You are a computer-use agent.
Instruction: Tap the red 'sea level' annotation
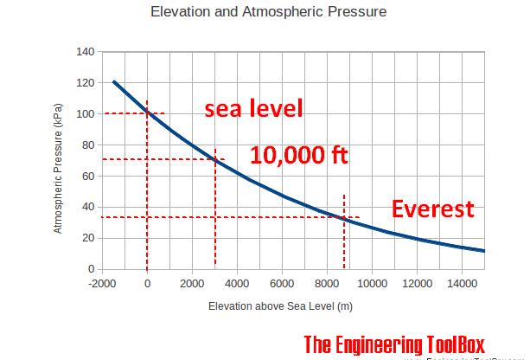(x=254, y=109)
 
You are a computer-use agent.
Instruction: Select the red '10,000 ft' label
(x=299, y=155)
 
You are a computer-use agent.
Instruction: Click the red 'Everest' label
(x=433, y=209)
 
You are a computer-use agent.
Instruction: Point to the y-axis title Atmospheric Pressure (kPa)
(x=59, y=177)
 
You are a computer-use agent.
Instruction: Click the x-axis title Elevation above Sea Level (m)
(x=280, y=306)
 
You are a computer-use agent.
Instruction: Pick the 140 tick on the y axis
(x=85, y=52)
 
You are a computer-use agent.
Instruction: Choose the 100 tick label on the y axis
(x=85, y=114)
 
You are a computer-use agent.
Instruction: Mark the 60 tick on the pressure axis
(x=87, y=177)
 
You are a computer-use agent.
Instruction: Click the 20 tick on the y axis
(x=87, y=238)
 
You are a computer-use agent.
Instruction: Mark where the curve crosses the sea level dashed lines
(x=148, y=112)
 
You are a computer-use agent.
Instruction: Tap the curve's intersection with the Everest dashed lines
(x=345, y=217)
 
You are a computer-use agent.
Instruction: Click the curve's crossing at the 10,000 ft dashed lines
(x=215, y=159)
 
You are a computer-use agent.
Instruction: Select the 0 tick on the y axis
(x=90, y=269)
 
